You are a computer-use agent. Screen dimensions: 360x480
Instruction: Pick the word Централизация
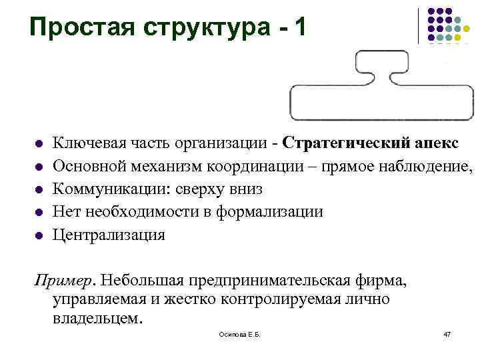pos(109,235)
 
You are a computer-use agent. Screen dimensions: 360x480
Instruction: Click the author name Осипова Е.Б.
pos(239,333)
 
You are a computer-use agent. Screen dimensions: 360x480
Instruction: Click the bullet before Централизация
pos(39,235)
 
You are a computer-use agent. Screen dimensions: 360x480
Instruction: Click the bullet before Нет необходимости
pos(39,213)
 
